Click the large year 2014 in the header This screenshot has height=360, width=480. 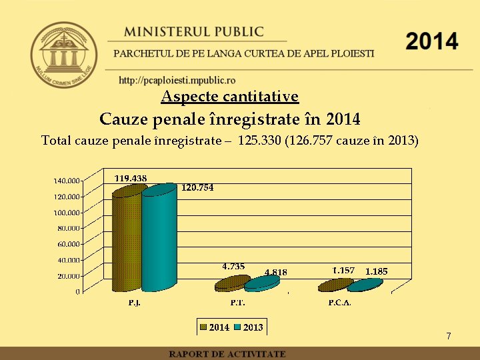[x=432, y=41]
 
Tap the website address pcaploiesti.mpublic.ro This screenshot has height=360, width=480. [x=177, y=81]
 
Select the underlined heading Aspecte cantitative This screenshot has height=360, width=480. [x=230, y=97]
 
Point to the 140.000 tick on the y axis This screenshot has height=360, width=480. [x=67, y=180]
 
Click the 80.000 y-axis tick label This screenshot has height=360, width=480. [x=68, y=228]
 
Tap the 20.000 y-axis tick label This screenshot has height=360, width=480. [x=68, y=275]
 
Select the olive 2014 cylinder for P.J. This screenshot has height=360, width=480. [x=127, y=240]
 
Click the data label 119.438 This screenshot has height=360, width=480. [x=131, y=178]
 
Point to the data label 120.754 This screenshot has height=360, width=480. [x=197, y=188]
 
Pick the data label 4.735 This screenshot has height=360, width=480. [x=233, y=266]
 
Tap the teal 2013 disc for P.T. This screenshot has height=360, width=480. [x=261, y=283]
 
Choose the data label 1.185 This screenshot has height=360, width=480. [x=376, y=271]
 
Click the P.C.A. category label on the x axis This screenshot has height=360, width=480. [x=339, y=303]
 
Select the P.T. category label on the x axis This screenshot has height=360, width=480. [x=237, y=303]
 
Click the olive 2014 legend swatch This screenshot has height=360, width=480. [x=203, y=327]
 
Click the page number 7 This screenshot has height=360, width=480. [x=449, y=336]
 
